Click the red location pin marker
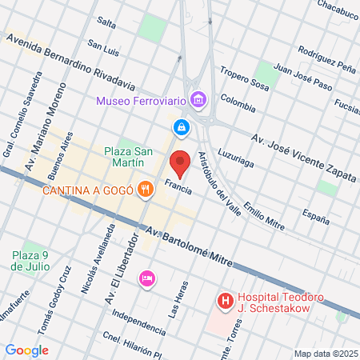pyautogui.click(x=180, y=163)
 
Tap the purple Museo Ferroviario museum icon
pyautogui.click(x=199, y=101)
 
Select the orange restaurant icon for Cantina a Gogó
pyautogui.click(x=145, y=190)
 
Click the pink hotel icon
pyautogui.click(x=147, y=278)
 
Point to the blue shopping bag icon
pyautogui.click(x=182, y=127)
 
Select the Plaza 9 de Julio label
pyautogui.click(x=30, y=260)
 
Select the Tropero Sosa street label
pyautogui.click(x=243, y=79)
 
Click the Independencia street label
pyautogui.click(x=140, y=318)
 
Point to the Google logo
pyautogui.click(x=26, y=350)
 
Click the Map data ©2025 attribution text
pyautogui.click(x=326, y=354)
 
